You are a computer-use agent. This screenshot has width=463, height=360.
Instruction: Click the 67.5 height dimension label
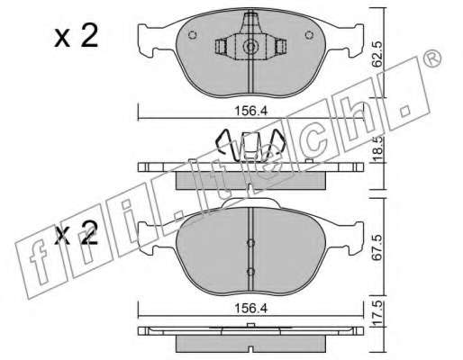click(378, 247)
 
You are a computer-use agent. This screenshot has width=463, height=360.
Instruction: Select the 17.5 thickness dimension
click(378, 312)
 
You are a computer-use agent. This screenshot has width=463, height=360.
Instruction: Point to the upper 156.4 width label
click(250, 111)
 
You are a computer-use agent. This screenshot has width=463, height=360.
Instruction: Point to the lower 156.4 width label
click(250, 308)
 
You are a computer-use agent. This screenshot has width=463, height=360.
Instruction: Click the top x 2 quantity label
click(77, 36)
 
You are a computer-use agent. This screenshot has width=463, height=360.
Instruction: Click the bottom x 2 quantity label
click(77, 232)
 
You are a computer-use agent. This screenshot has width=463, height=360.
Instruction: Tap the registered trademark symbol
click(432, 59)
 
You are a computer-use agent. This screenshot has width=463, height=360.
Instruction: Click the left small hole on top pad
click(193, 35)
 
